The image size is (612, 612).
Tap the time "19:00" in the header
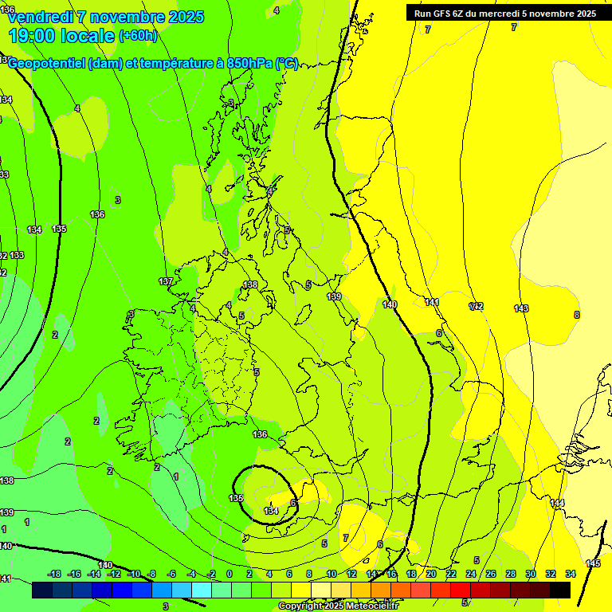click(x=35, y=35)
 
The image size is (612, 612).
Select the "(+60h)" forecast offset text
click(x=139, y=36)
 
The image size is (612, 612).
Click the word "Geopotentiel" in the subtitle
click(x=47, y=64)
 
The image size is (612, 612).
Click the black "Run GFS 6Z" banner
click(x=505, y=14)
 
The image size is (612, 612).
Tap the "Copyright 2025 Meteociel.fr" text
click(x=339, y=606)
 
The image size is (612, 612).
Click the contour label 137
click(x=166, y=282)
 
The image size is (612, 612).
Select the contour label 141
click(x=432, y=302)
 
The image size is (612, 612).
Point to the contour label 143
click(x=521, y=308)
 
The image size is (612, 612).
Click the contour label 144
click(x=557, y=503)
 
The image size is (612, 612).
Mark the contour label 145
click(x=593, y=563)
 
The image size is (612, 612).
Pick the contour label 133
click(x=18, y=255)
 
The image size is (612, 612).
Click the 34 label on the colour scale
click(x=571, y=574)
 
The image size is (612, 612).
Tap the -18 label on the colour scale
click(x=55, y=574)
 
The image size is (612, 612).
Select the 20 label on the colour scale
click(x=431, y=574)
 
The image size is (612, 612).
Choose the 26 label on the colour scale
click(x=491, y=574)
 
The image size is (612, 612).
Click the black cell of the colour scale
click(x=560, y=590)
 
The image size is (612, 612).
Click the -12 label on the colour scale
click(x=114, y=574)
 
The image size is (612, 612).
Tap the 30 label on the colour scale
click(x=531, y=574)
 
